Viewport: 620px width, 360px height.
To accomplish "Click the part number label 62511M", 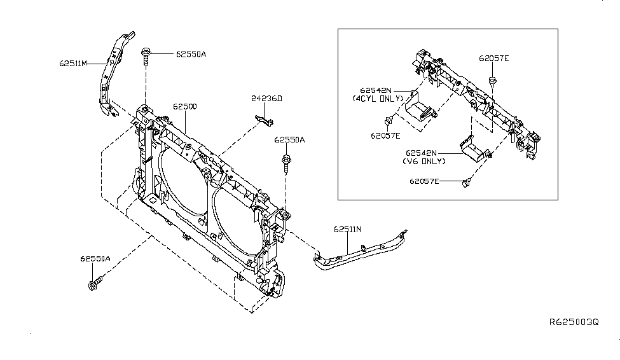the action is click(73, 64).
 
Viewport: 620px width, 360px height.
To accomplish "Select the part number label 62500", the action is click(184, 107).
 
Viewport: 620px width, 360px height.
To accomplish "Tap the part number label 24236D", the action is click(266, 99).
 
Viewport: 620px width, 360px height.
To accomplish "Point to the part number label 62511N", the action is click(347, 230).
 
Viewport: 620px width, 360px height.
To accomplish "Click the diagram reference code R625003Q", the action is click(574, 322).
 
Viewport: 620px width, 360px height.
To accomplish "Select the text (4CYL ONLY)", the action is click(378, 99).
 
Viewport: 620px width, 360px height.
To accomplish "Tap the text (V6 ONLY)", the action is click(424, 162).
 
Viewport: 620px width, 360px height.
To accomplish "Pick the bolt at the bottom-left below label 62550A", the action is click(95, 283).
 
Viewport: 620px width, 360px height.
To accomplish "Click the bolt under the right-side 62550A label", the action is click(286, 163).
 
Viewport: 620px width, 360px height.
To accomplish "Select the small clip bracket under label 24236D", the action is click(264, 120).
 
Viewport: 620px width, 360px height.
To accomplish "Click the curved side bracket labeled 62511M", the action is click(113, 74).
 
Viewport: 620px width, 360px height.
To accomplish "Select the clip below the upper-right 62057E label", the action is click(492, 82).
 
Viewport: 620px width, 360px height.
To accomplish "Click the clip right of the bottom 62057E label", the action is click(467, 183).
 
